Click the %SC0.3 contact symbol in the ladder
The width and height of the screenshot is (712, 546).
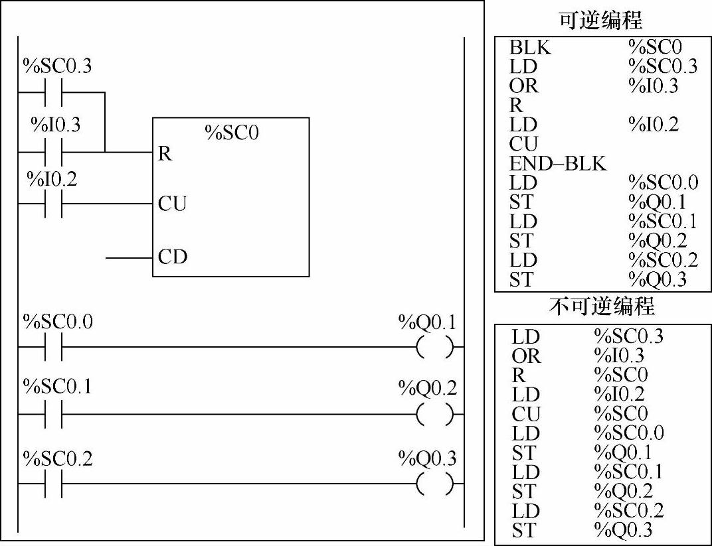pos(52,92)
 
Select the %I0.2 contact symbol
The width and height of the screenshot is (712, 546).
pos(52,203)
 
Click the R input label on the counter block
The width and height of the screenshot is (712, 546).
pos(165,154)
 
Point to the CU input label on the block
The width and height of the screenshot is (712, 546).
pos(172,204)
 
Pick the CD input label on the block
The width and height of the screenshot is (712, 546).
pos(172,256)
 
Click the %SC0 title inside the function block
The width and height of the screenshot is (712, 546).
pos(231,133)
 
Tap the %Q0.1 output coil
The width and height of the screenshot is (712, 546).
pos(435,347)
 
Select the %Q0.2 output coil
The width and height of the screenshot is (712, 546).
pos(435,415)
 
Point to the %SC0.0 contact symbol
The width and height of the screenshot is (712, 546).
pos(52,347)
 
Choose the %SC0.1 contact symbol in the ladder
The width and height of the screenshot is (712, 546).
pos(52,415)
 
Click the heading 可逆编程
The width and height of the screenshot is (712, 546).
pos(600,20)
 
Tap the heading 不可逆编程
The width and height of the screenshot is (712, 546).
pos(602,307)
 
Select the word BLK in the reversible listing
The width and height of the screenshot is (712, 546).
pos(530,48)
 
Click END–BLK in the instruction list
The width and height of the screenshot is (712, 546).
pos(558,163)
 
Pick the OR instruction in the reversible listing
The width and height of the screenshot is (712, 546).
pos(524,86)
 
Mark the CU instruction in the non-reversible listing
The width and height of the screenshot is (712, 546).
pos(526,414)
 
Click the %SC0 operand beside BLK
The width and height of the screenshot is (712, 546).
pos(655,48)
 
